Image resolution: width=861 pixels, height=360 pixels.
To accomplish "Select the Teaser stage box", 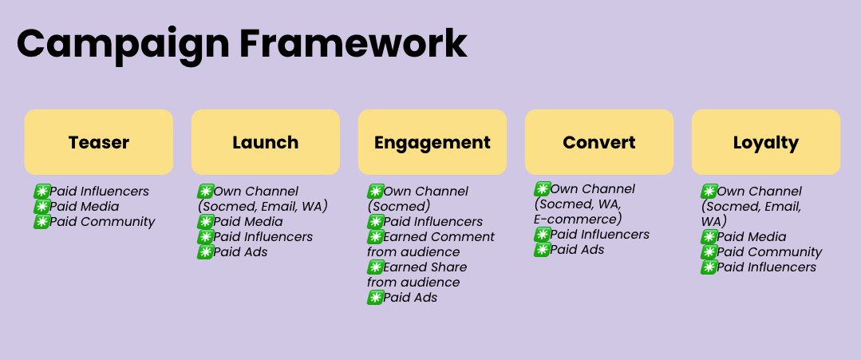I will (x=99, y=142).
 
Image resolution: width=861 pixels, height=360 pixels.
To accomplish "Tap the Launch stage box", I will (x=266, y=142).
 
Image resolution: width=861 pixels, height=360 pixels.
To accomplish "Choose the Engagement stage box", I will (x=432, y=142).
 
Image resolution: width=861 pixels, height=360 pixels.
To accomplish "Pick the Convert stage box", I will (x=599, y=142).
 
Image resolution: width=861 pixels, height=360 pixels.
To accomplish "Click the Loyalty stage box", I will (x=766, y=142).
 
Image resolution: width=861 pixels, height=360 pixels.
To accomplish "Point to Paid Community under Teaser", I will (x=102, y=222).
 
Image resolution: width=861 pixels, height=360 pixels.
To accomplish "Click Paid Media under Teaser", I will (x=84, y=207).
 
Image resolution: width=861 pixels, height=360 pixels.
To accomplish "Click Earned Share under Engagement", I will (x=425, y=267).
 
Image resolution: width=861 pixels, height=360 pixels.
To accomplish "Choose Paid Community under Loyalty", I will (x=769, y=252).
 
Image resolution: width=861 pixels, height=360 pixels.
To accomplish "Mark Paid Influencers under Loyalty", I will (x=766, y=267).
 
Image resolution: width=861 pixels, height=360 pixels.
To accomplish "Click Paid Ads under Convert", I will (x=577, y=250).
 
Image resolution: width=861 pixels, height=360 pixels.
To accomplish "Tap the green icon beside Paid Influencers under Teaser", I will (x=41, y=192).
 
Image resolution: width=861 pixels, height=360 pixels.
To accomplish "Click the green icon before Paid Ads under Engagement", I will (x=374, y=298).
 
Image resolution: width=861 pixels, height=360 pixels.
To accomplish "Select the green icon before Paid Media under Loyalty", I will (x=708, y=237).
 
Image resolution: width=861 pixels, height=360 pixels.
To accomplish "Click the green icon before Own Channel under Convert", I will (x=541, y=189).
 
